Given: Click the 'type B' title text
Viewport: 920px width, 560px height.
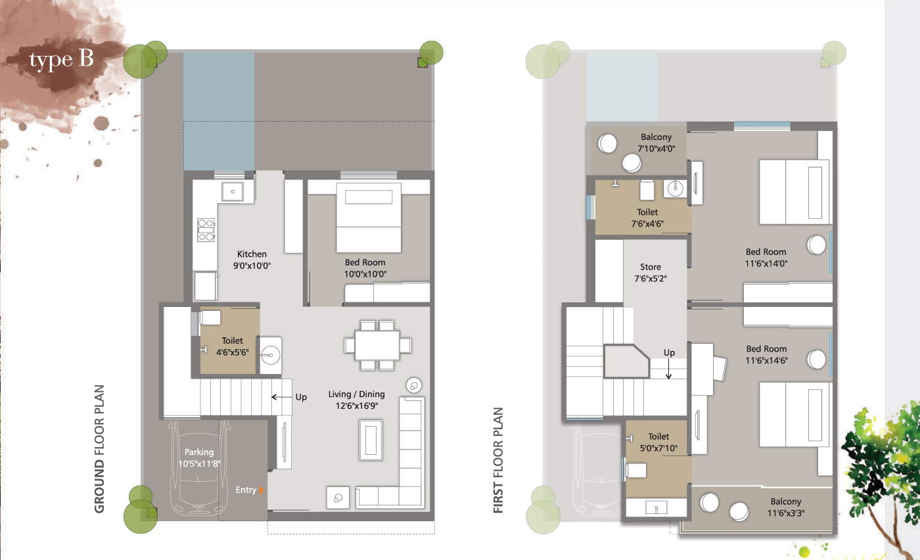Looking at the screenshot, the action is (x=62, y=60).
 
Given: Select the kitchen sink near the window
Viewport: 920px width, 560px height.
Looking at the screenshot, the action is (x=233, y=191).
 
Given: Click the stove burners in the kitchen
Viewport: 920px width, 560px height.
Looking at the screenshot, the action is (x=206, y=229).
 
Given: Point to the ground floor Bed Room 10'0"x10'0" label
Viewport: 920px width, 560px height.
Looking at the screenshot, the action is (x=365, y=268).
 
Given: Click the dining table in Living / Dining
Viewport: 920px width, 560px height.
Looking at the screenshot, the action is (x=377, y=346).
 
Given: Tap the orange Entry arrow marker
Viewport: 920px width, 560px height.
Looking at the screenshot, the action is (x=262, y=490).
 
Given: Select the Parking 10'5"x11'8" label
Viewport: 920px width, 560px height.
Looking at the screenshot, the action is (x=199, y=457).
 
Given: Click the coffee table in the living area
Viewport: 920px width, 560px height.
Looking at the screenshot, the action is (x=371, y=440).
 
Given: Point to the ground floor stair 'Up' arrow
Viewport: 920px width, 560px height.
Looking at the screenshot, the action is (x=282, y=397).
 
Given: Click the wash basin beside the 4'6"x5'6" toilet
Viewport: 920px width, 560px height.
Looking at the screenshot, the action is (x=271, y=356).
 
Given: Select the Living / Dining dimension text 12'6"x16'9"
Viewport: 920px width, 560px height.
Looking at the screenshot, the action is (x=356, y=406).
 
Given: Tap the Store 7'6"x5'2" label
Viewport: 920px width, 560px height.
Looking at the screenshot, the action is (x=651, y=272).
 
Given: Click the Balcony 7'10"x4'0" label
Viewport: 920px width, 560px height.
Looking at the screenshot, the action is (x=656, y=143).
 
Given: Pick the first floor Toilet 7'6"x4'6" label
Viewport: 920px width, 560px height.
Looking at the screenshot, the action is (x=647, y=218).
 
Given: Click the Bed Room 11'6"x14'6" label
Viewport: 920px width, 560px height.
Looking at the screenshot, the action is (x=766, y=354).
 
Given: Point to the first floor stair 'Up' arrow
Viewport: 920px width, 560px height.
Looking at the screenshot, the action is (x=669, y=369).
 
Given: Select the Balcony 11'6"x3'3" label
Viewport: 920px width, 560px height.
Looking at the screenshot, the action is (x=786, y=507).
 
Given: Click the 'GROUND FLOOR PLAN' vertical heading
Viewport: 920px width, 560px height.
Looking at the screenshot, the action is (x=99, y=449).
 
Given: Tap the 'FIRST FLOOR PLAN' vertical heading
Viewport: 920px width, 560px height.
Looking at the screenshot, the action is (x=498, y=460).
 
